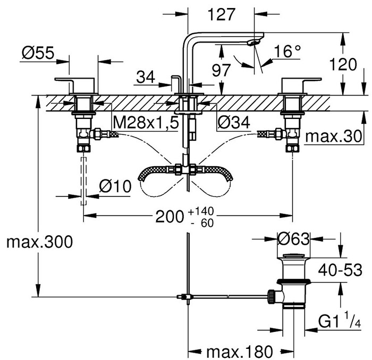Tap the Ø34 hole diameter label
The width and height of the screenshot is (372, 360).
233,123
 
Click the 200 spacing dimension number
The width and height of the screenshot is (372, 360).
169,217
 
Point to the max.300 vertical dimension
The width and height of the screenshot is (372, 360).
38,242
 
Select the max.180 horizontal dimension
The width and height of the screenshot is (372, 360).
239,351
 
